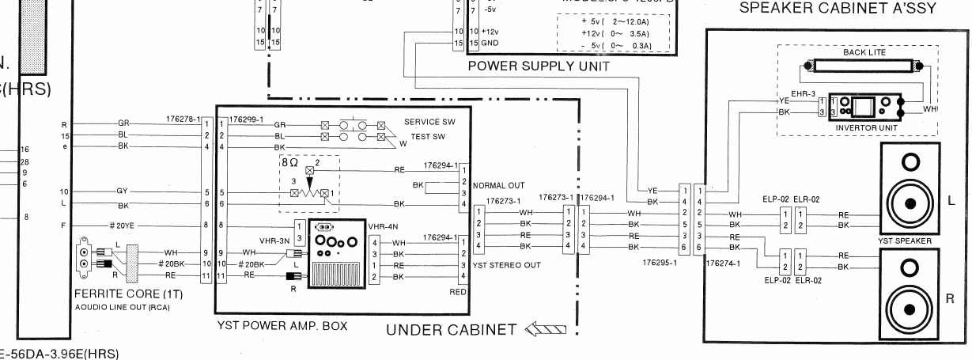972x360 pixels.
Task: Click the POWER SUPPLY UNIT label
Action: pos(539,66)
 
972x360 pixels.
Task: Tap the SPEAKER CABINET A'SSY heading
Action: pos(838,9)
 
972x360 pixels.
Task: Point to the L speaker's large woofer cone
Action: pos(910,203)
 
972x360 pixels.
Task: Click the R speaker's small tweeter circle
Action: pos(910,265)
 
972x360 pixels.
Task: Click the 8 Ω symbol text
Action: pos(290,161)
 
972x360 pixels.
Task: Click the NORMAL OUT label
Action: pos(498,185)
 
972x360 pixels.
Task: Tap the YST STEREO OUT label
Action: pos(506,265)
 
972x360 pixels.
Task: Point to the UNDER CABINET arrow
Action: pos(545,328)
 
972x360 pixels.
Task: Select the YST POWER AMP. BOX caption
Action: pos(282,325)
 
